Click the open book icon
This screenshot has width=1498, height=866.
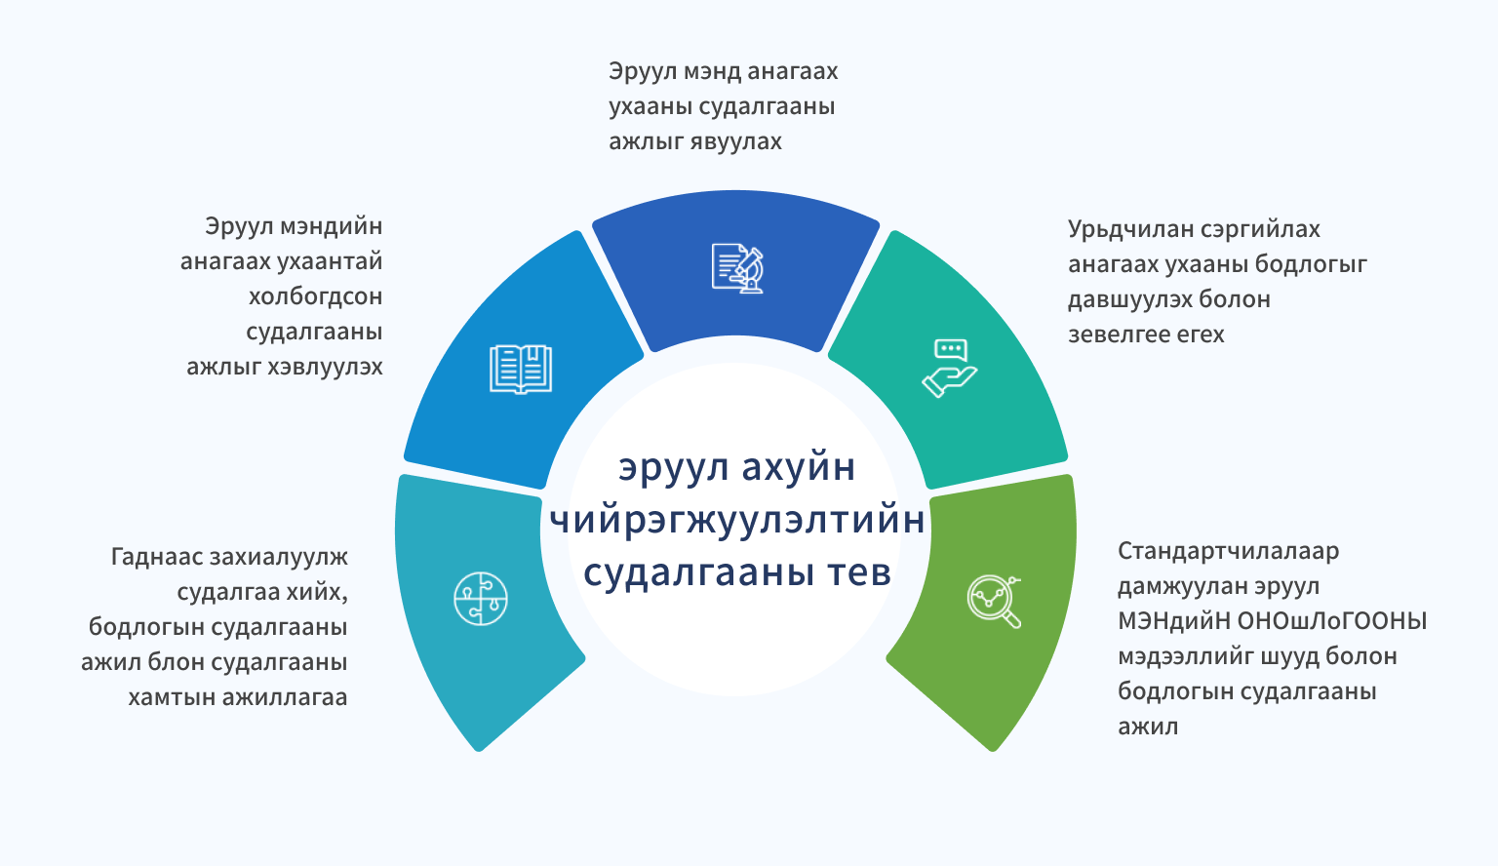(x=520, y=370)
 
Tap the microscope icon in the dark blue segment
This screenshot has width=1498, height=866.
(x=737, y=268)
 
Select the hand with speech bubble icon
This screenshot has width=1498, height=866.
(x=950, y=369)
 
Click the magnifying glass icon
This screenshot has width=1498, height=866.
(x=994, y=602)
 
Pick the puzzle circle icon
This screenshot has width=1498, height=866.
(x=480, y=599)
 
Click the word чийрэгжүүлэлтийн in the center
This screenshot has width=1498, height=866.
(x=737, y=520)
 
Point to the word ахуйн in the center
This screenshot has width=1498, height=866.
(x=798, y=467)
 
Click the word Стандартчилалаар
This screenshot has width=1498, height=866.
(x=1229, y=551)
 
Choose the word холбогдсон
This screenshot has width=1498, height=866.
(x=316, y=296)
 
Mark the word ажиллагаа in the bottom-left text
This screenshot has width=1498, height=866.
(x=285, y=697)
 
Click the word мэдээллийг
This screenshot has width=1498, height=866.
(x=1186, y=656)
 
